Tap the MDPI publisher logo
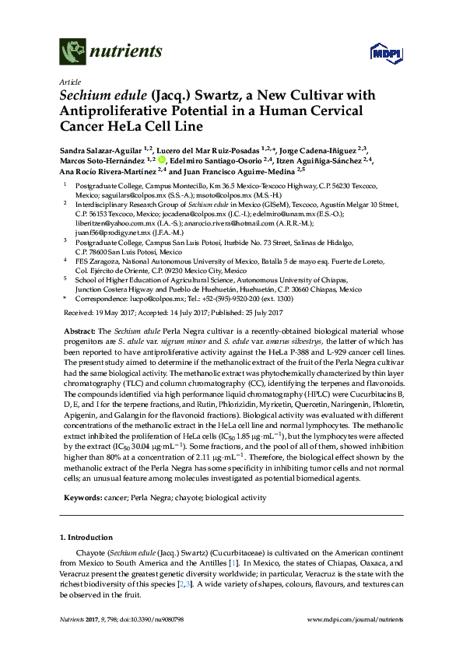tap(377, 52)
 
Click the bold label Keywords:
tap(82, 496)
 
